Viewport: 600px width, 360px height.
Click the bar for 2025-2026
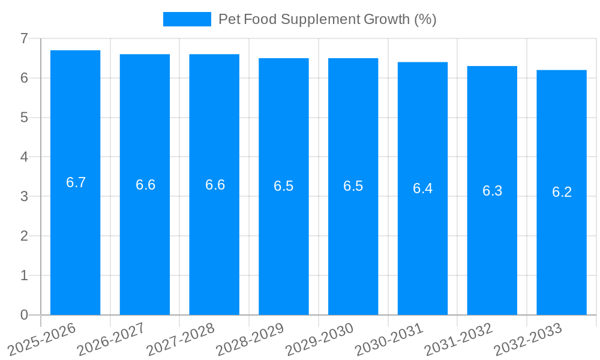click(x=75, y=240)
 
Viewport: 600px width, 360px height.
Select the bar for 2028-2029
click(x=283, y=240)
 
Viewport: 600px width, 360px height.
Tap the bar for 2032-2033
click(x=562, y=240)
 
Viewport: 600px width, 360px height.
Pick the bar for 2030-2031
click(x=422, y=240)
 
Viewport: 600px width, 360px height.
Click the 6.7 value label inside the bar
click(x=76, y=183)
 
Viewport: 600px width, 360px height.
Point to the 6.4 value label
click(x=422, y=188)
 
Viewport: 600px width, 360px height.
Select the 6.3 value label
click(x=492, y=191)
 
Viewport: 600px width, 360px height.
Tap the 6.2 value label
click(x=562, y=192)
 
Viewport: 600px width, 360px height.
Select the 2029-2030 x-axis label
click(x=319, y=339)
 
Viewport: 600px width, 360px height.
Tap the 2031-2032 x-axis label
click(x=458, y=339)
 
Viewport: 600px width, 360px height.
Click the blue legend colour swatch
click(x=187, y=19)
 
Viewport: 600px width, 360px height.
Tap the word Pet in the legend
click(x=229, y=19)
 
